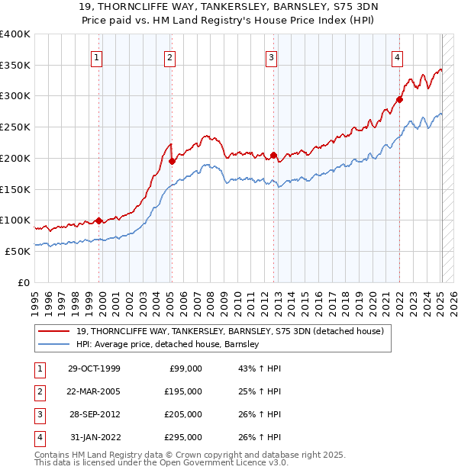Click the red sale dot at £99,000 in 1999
point(99,221)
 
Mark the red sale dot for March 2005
point(172,161)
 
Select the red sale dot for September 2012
point(273,155)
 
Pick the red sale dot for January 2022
point(399,99)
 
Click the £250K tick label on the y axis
point(15,127)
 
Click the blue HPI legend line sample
point(56,344)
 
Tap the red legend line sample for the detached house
point(56,331)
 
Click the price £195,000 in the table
point(184,391)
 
